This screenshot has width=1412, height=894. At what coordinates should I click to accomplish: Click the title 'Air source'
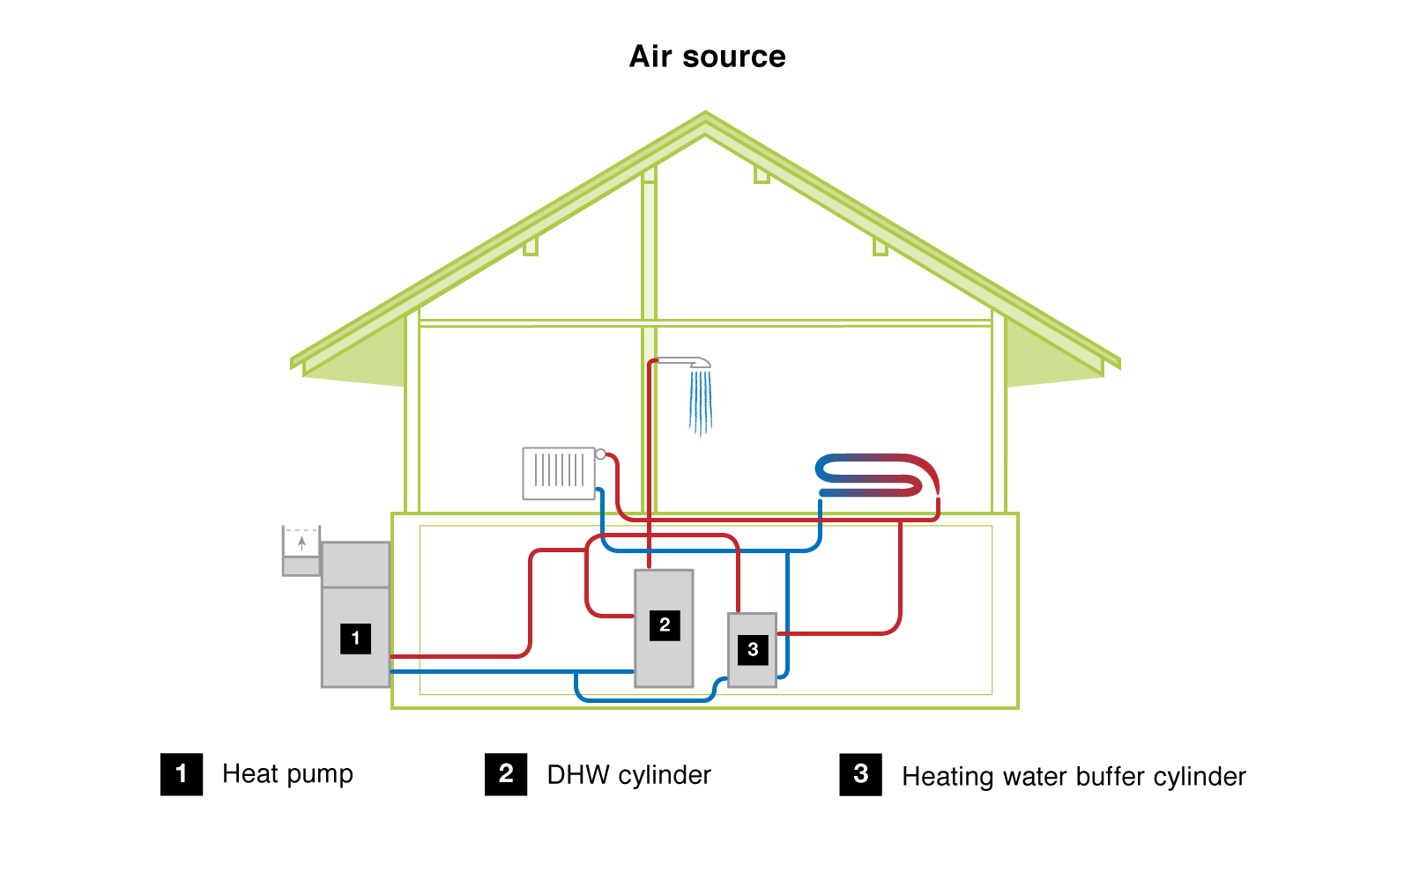tap(707, 56)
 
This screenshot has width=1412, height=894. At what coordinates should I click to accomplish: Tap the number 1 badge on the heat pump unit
tap(355, 639)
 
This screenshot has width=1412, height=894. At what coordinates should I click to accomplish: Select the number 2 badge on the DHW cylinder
tap(665, 625)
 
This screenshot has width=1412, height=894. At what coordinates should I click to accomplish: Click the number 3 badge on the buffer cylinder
tap(753, 650)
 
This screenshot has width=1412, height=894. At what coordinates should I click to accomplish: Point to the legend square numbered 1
tap(182, 774)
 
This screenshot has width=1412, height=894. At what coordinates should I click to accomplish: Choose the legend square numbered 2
tap(506, 774)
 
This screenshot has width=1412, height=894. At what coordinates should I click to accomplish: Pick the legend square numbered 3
tap(861, 774)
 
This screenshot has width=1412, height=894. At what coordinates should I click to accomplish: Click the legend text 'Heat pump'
tap(287, 774)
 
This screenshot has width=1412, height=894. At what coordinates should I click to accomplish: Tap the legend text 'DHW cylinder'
tap(628, 775)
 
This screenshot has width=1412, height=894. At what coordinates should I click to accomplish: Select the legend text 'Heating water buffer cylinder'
tap(1074, 777)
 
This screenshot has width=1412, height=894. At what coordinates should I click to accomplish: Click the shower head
tap(687, 361)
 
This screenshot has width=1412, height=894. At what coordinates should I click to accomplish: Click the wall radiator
tap(559, 474)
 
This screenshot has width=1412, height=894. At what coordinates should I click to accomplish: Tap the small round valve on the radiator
tap(600, 454)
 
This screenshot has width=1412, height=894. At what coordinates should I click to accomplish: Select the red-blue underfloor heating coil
tap(876, 476)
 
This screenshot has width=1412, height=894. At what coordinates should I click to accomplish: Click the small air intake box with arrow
tap(301, 550)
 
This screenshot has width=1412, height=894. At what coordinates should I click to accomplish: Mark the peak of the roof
tap(705, 115)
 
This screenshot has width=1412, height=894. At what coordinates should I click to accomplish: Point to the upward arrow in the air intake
tap(302, 543)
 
